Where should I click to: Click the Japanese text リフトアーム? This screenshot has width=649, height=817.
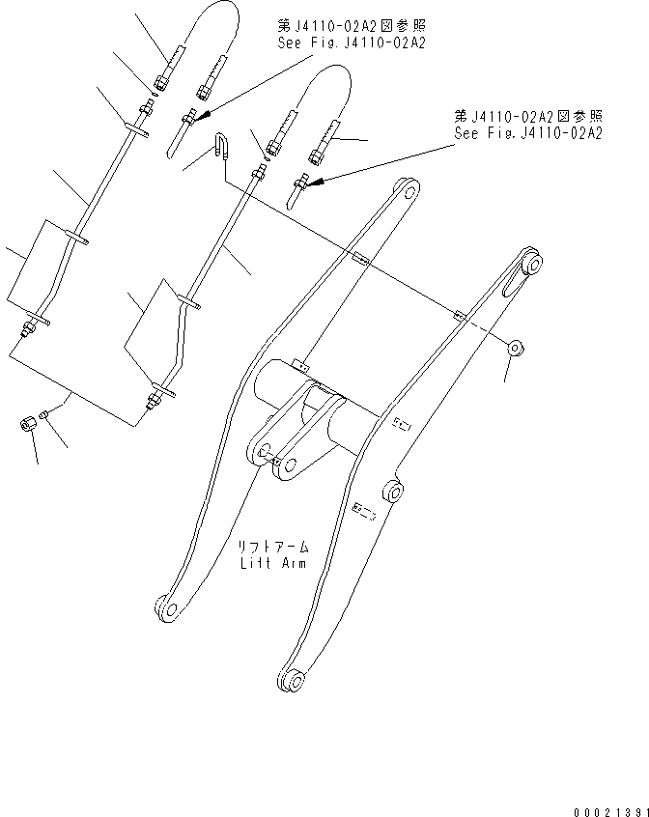274,547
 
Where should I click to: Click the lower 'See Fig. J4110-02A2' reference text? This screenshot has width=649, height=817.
528,132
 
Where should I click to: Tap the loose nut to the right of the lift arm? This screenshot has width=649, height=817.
515,346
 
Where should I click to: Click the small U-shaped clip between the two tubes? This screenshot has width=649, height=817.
221,146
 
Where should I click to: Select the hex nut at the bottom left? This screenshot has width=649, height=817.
29,423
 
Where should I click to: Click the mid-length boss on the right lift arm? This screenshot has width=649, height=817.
393,492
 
